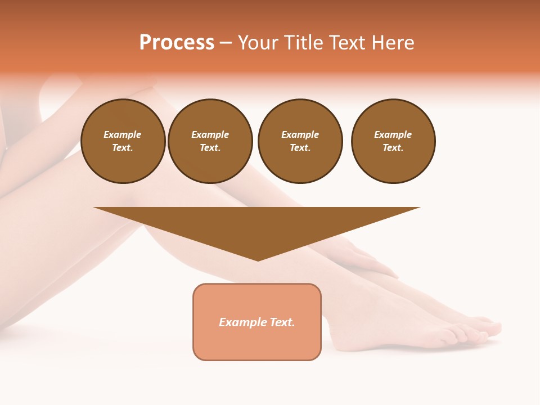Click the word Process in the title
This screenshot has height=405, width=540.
(177, 43)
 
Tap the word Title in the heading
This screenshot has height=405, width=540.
(303, 43)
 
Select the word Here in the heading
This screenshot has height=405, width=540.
(393, 43)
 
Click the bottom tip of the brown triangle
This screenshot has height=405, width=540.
(258, 260)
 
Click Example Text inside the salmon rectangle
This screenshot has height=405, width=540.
(257, 322)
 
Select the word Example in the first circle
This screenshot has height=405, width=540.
(123, 134)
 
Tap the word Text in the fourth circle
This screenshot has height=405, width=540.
(392, 148)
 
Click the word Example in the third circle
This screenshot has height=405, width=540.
(300, 134)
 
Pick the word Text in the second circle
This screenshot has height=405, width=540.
(209, 148)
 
